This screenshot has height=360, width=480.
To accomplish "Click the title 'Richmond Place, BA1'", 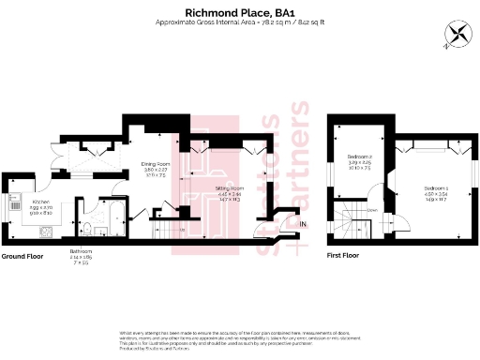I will pos(239,11).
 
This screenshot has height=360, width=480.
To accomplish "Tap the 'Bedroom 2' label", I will pos(361,157).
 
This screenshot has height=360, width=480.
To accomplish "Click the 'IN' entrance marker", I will pos(303,224).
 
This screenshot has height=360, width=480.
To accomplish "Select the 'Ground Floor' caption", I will pos(22,255).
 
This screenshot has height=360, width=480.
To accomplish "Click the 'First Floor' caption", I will pos(345,255).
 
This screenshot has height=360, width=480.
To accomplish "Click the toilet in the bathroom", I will pos(84,229).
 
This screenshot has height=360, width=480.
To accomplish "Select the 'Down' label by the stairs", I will pos(372,210).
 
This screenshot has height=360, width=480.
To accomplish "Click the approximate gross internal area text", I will pos(239,23).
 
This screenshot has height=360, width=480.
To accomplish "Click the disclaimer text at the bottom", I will pos(239,338).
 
